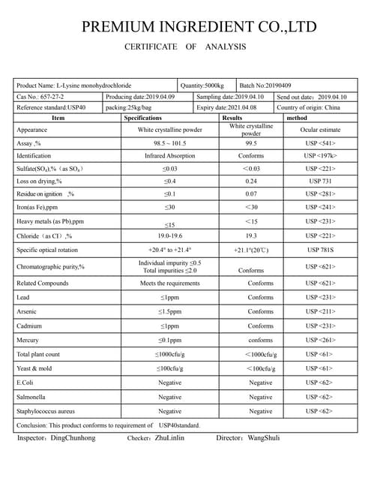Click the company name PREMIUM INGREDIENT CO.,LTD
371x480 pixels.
tap(199, 28)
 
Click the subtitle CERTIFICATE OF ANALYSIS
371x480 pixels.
tap(185, 47)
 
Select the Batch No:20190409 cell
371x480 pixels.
tap(265, 85)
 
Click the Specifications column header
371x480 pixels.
tap(143, 118)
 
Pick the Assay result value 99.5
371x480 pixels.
tap(250, 142)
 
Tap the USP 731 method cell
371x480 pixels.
tap(319, 181)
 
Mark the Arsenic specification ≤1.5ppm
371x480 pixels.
tap(169, 310)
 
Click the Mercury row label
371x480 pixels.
tap(29, 340)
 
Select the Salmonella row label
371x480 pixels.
tap(34, 397)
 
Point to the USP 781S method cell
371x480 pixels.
tap(320, 250)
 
